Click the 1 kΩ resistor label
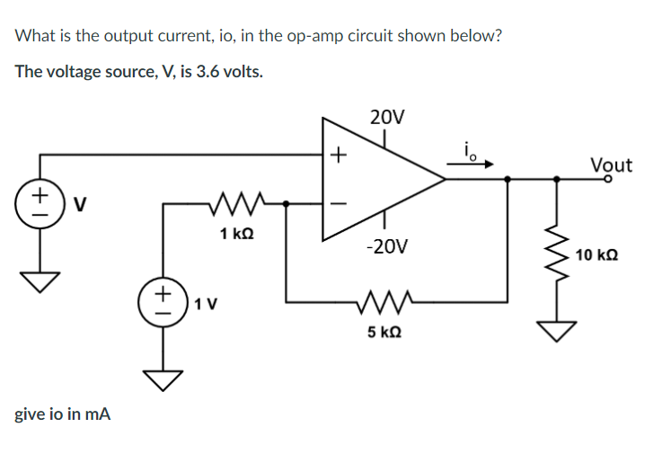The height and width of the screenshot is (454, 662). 236,234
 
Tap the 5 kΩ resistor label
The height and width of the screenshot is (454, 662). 383,332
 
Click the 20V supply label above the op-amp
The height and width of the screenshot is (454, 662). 386,117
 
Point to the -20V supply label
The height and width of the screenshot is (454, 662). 385,245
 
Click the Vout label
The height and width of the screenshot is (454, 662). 611,165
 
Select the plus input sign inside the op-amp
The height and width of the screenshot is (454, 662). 337,155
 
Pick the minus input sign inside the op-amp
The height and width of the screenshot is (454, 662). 337,203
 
